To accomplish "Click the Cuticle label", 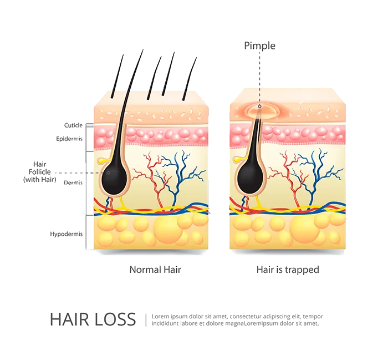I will pyautogui.click(x=74, y=125).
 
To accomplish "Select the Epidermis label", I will pyautogui.click(x=69, y=139).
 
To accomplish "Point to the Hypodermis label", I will pyautogui.click(x=67, y=234).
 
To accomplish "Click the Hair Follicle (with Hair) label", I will pyautogui.click(x=40, y=171).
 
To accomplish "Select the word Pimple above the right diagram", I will pyautogui.click(x=259, y=46).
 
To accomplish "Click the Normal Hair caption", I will pyautogui.click(x=155, y=270).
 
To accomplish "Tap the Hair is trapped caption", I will pyautogui.click(x=288, y=270).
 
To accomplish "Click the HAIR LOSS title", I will pyautogui.click(x=92, y=320).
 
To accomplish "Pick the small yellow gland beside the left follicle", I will pyautogui.click(x=101, y=160).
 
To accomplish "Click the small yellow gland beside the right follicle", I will pyautogui.click(x=238, y=160).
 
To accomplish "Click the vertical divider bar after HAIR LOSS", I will pyautogui.click(x=147, y=320).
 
